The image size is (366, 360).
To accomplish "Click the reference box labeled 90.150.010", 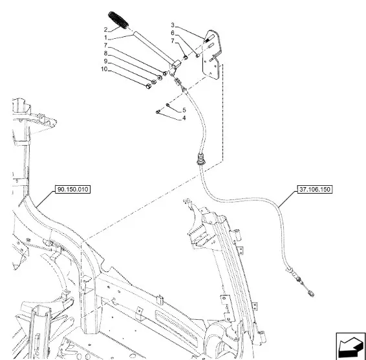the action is [72, 189].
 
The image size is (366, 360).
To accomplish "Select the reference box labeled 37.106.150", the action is [315, 189].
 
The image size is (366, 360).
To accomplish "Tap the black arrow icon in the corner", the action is [350, 346].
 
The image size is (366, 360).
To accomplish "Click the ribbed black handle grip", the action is [118, 20].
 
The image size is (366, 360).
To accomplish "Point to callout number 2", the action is [105, 30].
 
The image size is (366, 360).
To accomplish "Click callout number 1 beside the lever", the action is [105, 38].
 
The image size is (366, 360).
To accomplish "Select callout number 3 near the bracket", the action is [173, 25].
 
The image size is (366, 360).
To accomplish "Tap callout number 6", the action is [173, 33].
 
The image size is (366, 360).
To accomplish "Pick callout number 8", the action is [105, 53].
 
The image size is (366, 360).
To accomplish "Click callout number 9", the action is [105, 62].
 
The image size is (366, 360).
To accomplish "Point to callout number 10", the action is [104, 69].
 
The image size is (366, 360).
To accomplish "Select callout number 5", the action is [184, 110].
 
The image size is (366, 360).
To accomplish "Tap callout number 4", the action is [184, 118].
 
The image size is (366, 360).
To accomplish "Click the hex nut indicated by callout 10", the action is [148, 86].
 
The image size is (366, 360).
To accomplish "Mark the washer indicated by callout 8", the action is [160, 78].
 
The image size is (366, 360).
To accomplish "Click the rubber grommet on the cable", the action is [200, 159].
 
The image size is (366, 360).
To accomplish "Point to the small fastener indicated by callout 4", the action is [158, 112].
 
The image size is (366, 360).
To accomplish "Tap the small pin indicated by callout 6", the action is [197, 56].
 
